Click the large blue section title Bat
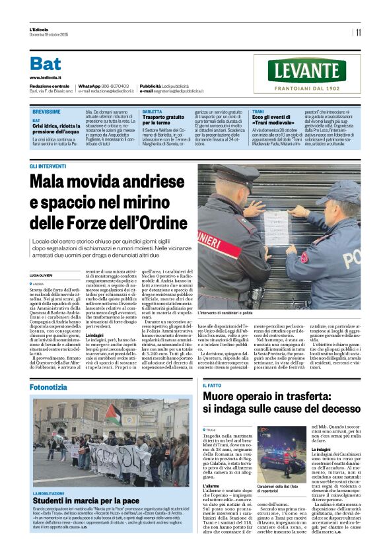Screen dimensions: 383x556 (x=46, y=63)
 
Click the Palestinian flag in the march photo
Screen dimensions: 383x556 (x=112, y=415)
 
